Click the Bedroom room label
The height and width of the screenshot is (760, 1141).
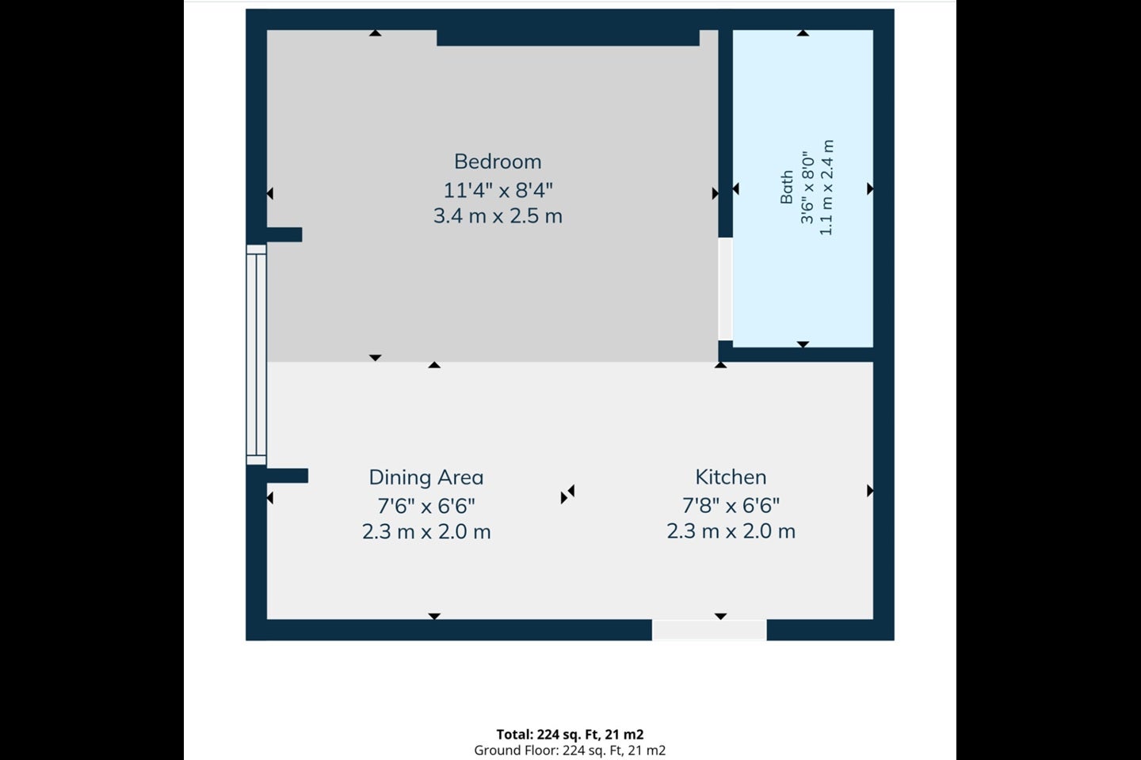click(x=498, y=161)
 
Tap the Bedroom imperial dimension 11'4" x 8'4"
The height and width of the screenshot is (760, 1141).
click(x=498, y=190)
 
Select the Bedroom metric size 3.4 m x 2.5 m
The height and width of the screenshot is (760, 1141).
click(x=498, y=216)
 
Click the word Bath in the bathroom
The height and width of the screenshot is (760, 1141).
click(x=787, y=188)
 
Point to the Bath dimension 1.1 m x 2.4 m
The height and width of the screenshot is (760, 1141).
click(x=826, y=188)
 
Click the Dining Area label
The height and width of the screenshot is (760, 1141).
click(x=426, y=477)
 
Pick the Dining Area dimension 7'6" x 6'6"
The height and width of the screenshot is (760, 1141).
click(x=426, y=506)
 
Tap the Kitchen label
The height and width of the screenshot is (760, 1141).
click(x=731, y=477)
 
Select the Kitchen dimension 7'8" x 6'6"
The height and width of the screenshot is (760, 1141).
click(x=731, y=505)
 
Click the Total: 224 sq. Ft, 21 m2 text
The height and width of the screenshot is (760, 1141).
click(x=570, y=735)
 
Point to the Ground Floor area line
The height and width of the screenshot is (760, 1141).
click(x=570, y=750)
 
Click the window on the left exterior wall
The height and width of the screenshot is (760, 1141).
click(x=257, y=355)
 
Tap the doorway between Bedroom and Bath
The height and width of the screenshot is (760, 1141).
click(x=725, y=289)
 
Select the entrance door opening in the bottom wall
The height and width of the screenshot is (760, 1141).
click(x=710, y=630)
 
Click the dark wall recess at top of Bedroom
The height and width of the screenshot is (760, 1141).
click(x=568, y=38)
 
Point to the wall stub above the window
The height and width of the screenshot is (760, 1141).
click(x=284, y=234)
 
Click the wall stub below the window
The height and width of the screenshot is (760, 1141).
click(x=288, y=476)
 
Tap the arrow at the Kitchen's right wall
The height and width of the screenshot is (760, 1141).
click(x=870, y=491)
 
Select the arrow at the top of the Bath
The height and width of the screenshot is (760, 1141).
click(x=803, y=33)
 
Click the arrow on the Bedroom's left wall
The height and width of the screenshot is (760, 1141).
click(x=270, y=193)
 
